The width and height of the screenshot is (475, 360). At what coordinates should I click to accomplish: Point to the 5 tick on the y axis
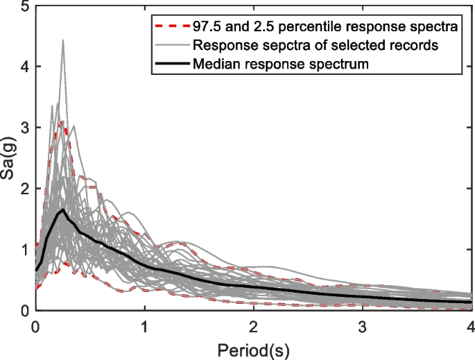[25, 7]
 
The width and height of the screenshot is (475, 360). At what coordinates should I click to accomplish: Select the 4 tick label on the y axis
[25, 67]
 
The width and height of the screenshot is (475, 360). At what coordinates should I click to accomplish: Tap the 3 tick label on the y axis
[25, 128]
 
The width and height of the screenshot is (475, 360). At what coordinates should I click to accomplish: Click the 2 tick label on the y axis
[25, 189]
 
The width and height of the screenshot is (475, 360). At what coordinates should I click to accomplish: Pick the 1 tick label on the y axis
[25, 250]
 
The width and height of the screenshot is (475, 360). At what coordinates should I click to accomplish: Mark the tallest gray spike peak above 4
[63, 41]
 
